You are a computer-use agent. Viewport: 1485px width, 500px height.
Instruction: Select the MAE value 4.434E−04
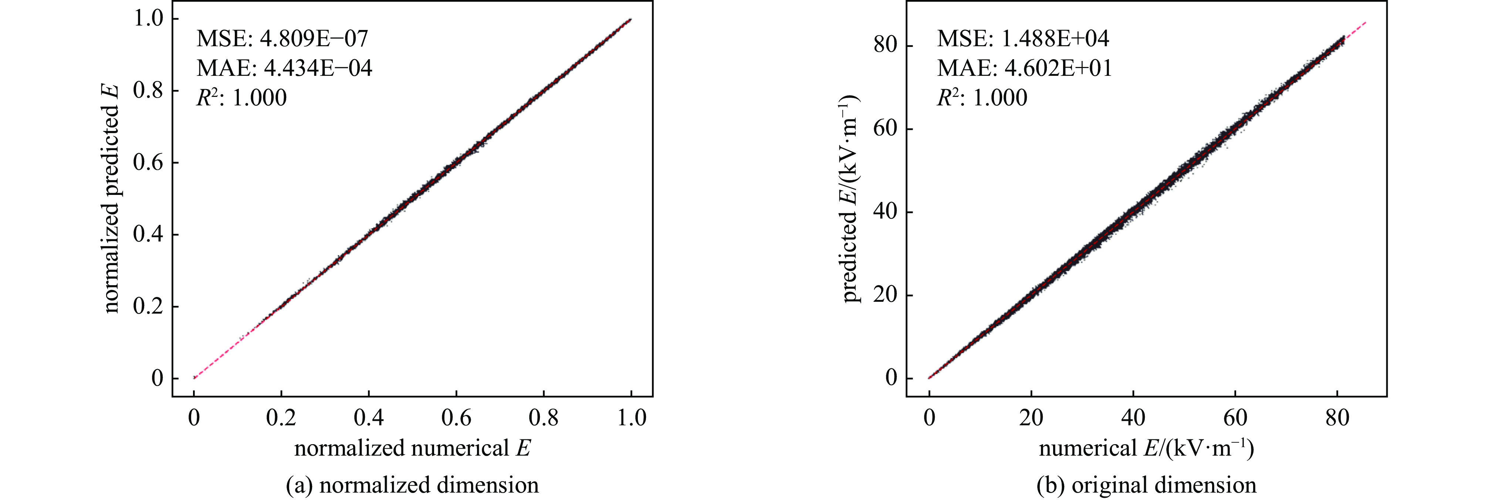[x=318, y=69]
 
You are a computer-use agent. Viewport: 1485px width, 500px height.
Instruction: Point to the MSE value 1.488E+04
[x=1055, y=38]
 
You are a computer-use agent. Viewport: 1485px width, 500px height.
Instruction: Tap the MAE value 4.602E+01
[x=1058, y=69]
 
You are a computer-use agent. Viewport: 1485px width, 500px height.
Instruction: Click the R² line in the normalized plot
[x=241, y=98]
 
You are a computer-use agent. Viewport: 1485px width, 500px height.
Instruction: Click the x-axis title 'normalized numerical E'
[x=412, y=449]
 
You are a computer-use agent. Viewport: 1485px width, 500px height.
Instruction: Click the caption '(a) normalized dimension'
[x=412, y=485]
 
